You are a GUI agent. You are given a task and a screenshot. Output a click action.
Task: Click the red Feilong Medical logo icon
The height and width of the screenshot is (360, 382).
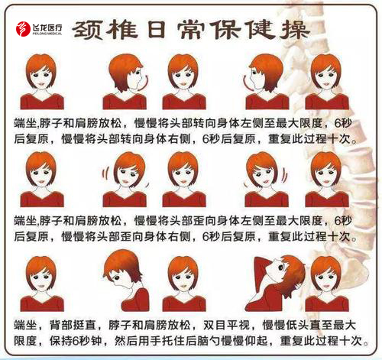pyautogui.click(x=23, y=28)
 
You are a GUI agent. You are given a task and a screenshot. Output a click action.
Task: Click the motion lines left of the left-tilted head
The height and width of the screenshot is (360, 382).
pyautogui.click(x=105, y=174)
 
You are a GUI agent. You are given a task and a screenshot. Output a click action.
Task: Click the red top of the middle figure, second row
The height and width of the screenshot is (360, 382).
pyautogui.click(x=184, y=199)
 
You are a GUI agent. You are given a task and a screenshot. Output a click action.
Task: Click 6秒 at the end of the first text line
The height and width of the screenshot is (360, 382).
pyautogui.click(x=343, y=123)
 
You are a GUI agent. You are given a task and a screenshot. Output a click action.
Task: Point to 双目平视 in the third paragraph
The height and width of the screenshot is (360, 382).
pyautogui.click(x=227, y=326)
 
